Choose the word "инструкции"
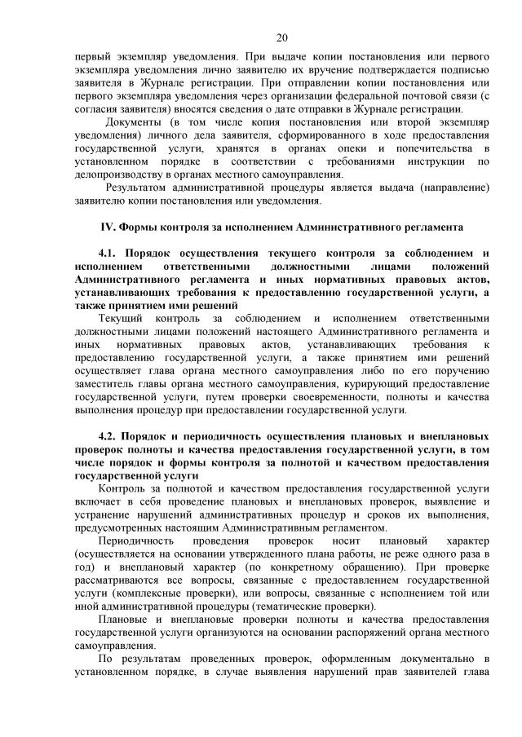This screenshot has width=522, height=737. click(440, 161)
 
